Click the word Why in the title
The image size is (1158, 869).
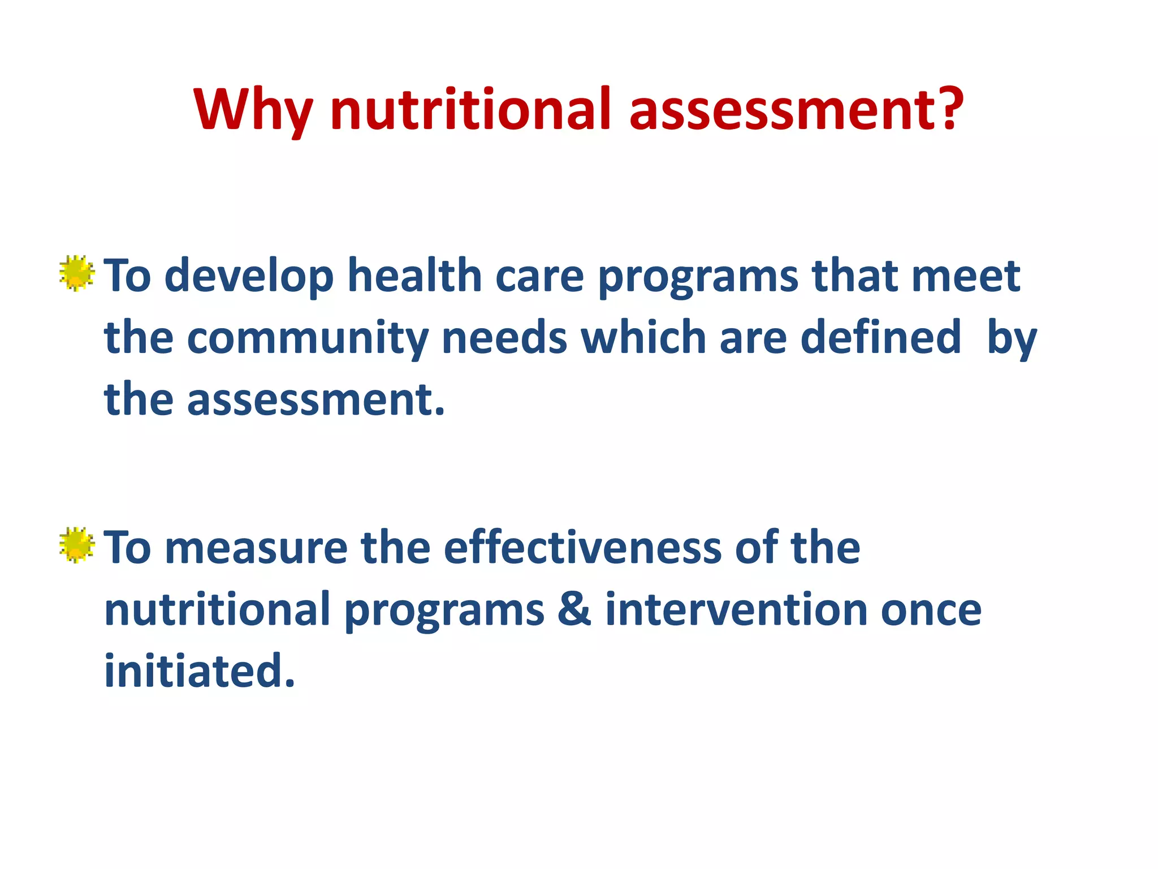tap(253, 110)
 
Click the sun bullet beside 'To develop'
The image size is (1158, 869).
tap(76, 273)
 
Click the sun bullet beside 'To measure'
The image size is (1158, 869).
tap(76, 545)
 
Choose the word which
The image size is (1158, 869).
tap(643, 338)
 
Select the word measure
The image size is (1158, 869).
tap(256, 549)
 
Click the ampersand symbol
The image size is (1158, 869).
tap(574, 610)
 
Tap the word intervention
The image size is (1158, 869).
tap(736, 610)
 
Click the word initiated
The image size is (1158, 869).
tap(199, 671)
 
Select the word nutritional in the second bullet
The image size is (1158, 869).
tap(218, 610)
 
